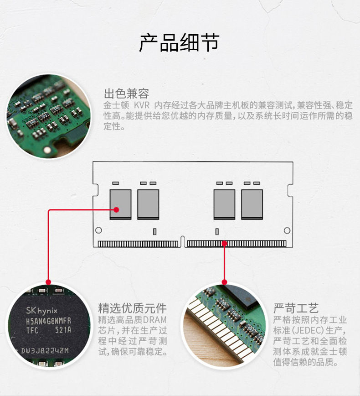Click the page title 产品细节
tap(179, 42)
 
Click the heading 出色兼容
tap(126, 94)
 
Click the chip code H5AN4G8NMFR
tap(48, 321)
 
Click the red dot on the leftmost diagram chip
tap(117, 210)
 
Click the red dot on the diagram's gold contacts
tap(224, 244)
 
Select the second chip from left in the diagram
tap(148, 204)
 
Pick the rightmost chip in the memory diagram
tap(252, 204)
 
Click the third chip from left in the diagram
tap(224, 204)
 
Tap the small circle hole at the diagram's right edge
tap(287, 230)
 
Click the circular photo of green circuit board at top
tap(49, 116)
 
